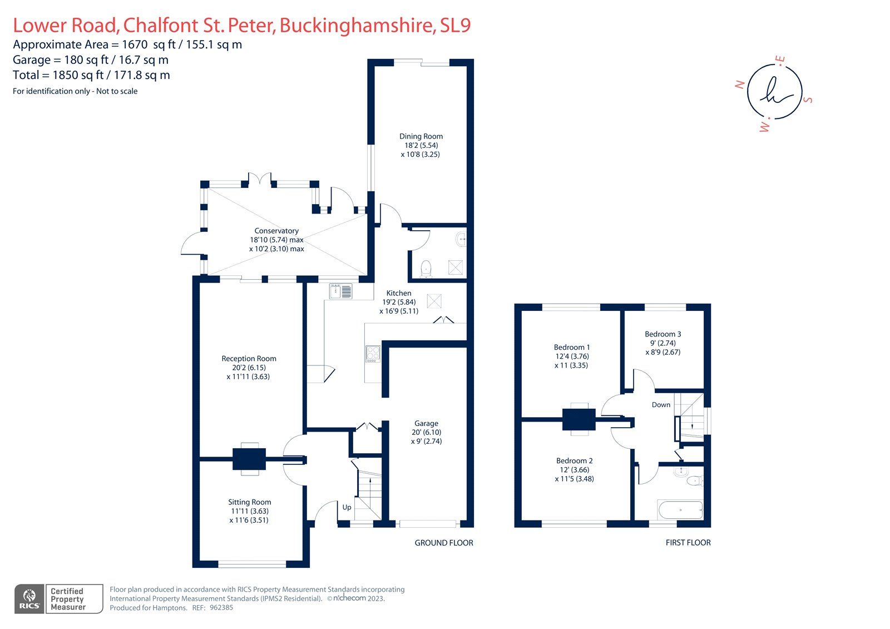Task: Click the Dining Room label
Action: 421,136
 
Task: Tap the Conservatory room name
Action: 276,231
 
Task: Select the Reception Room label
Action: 249,359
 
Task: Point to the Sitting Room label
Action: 249,502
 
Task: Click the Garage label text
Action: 426,423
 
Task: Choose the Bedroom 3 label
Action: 662,334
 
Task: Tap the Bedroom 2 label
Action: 574,460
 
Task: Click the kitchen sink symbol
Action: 340,291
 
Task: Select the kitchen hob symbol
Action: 373,354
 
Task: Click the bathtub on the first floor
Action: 680,509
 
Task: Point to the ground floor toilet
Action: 426,268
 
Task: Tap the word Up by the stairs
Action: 347,507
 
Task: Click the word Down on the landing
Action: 661,405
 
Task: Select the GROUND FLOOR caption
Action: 444,543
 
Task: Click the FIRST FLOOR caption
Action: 688,543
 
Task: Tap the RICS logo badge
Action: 29,599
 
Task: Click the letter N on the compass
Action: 740,85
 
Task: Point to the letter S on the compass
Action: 809,100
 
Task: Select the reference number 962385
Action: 221,608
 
